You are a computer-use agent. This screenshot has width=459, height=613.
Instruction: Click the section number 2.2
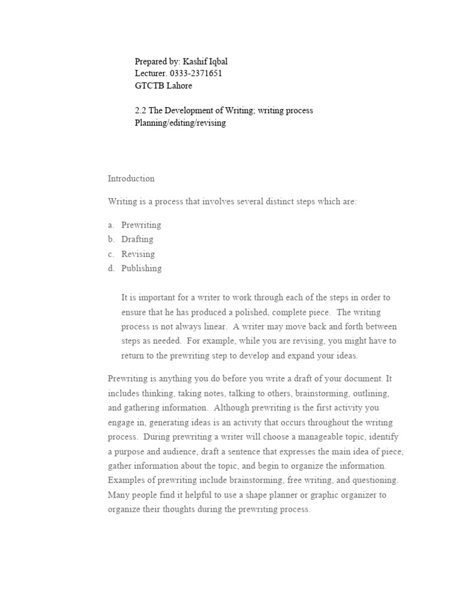pos(140,110)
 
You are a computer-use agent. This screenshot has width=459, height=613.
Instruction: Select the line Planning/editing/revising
pos(180,123)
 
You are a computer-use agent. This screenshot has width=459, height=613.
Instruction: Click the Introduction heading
pos(131,178)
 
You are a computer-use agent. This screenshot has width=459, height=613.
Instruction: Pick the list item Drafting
pos(137,239)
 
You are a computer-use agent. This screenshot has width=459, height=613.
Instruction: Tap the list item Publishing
pos(141,268)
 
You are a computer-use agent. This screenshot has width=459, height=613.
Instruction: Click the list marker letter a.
pos(111,225)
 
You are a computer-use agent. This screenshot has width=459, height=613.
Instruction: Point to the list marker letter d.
pos(111,268)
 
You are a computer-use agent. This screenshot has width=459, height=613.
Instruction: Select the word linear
pos(213,327)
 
